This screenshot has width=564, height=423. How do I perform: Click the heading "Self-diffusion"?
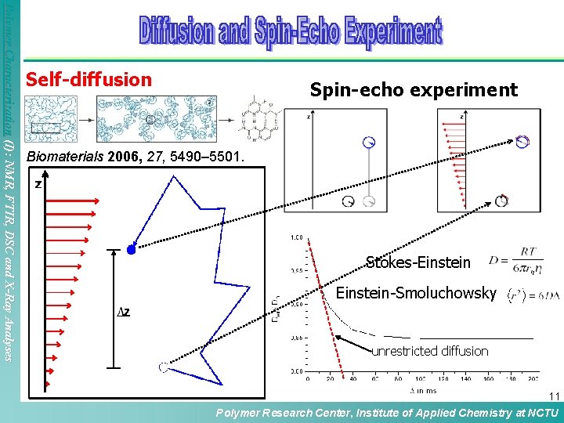[x=89, y=79]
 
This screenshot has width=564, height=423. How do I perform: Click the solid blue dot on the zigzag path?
[x=132, y=250]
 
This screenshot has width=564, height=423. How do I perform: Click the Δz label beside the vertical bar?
[x=123, y=312]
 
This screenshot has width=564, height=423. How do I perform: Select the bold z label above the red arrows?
[x=38, y=185]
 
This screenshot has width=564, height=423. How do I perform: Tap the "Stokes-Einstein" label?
[x=418, y=262]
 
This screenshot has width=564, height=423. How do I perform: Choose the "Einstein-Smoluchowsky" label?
[x=415, y=294]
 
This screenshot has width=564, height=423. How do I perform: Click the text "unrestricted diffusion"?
[x=429, y=351]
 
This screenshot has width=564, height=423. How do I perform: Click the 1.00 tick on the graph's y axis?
[x=298, y=237]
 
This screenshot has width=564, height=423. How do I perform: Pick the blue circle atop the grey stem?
[x=369, y=142]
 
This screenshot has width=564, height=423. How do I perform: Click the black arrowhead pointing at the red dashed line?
[x=340, y=338]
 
